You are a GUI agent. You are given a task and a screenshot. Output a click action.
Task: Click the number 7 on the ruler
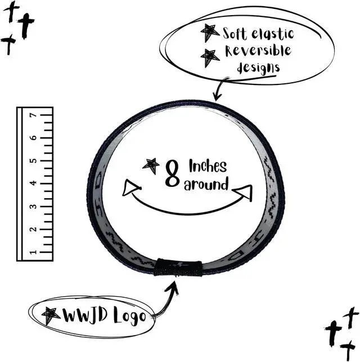coord(33,115)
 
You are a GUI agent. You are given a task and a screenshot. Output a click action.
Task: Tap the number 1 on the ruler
coord(33,252)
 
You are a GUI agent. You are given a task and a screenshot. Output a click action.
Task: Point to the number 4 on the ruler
coord(33,183)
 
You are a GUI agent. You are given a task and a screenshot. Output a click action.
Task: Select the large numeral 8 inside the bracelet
coord(173,173)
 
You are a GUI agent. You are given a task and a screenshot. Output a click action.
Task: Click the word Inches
coord(208,166)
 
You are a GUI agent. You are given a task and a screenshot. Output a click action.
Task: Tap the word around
coord(206,184)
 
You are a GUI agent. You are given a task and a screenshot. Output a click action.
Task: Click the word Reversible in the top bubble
coord(258,51)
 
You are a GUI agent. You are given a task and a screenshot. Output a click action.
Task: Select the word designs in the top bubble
coord(258,68)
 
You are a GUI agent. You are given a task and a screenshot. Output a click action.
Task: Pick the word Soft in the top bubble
coord(235,33)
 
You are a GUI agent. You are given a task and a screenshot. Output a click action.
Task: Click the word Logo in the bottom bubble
coord(130,316)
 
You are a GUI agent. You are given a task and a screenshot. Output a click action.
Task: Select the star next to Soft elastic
coord(210,33)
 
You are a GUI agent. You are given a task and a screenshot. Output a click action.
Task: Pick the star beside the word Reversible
coord(210,58)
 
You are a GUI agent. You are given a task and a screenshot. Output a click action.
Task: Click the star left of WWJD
coord(51,315)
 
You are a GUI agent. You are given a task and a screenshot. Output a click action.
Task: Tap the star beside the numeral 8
coord(151,165)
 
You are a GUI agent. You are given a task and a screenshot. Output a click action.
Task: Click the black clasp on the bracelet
coord(178,267)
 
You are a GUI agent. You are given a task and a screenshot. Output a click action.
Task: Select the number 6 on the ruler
coord(33,137)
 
